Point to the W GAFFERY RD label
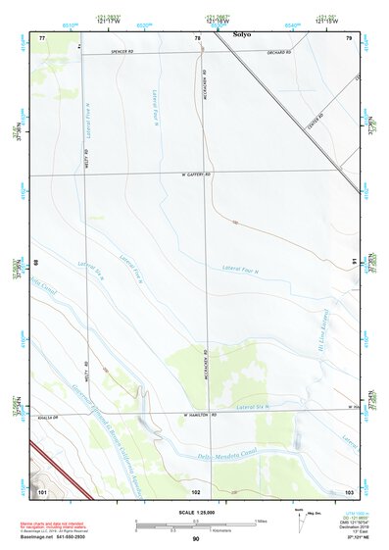[x=197, y=175]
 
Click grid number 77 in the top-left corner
[x=42, y=37]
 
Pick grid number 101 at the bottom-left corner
[x=42, y=489]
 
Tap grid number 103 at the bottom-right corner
[x=349, y=489]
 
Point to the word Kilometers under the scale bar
[x=229, y=533]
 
